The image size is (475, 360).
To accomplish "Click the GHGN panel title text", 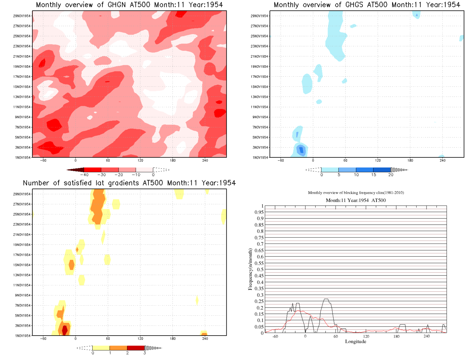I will tap(129, 5).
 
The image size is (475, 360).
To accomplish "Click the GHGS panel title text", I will tap(367, 5).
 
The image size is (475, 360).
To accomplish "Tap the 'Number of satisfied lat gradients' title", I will tap(129, 183).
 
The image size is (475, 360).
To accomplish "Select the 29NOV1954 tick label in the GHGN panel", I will tap(22, 16).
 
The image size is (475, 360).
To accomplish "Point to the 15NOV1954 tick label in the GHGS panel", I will tap(259, 87).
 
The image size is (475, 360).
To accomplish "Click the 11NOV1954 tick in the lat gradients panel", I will tap(22, 285).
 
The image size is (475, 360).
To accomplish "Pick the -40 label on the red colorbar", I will tap(84, 175).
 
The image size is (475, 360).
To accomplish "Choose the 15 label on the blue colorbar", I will tap(373, 175).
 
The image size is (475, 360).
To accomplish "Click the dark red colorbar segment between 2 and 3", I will tap(136, 348).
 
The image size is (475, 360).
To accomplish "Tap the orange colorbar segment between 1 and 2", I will tap(118, 348).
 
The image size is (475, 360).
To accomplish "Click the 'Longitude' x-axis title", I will tap(356, 342).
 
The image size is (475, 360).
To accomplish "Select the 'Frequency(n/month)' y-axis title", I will tap(250, 269).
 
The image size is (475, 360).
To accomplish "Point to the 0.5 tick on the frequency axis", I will tap(260, 270).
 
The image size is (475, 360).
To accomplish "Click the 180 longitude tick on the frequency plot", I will tap(396, 337).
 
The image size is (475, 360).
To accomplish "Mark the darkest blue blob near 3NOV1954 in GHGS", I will tap(301, 150).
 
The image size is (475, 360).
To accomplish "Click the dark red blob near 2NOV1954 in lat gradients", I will tap(65, 329).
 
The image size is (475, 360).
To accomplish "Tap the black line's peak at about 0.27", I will tap(326, 299).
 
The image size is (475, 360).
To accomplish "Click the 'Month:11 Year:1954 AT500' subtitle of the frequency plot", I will tap(356, 200).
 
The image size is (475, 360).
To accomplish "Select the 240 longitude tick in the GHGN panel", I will tap(205, 160).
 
